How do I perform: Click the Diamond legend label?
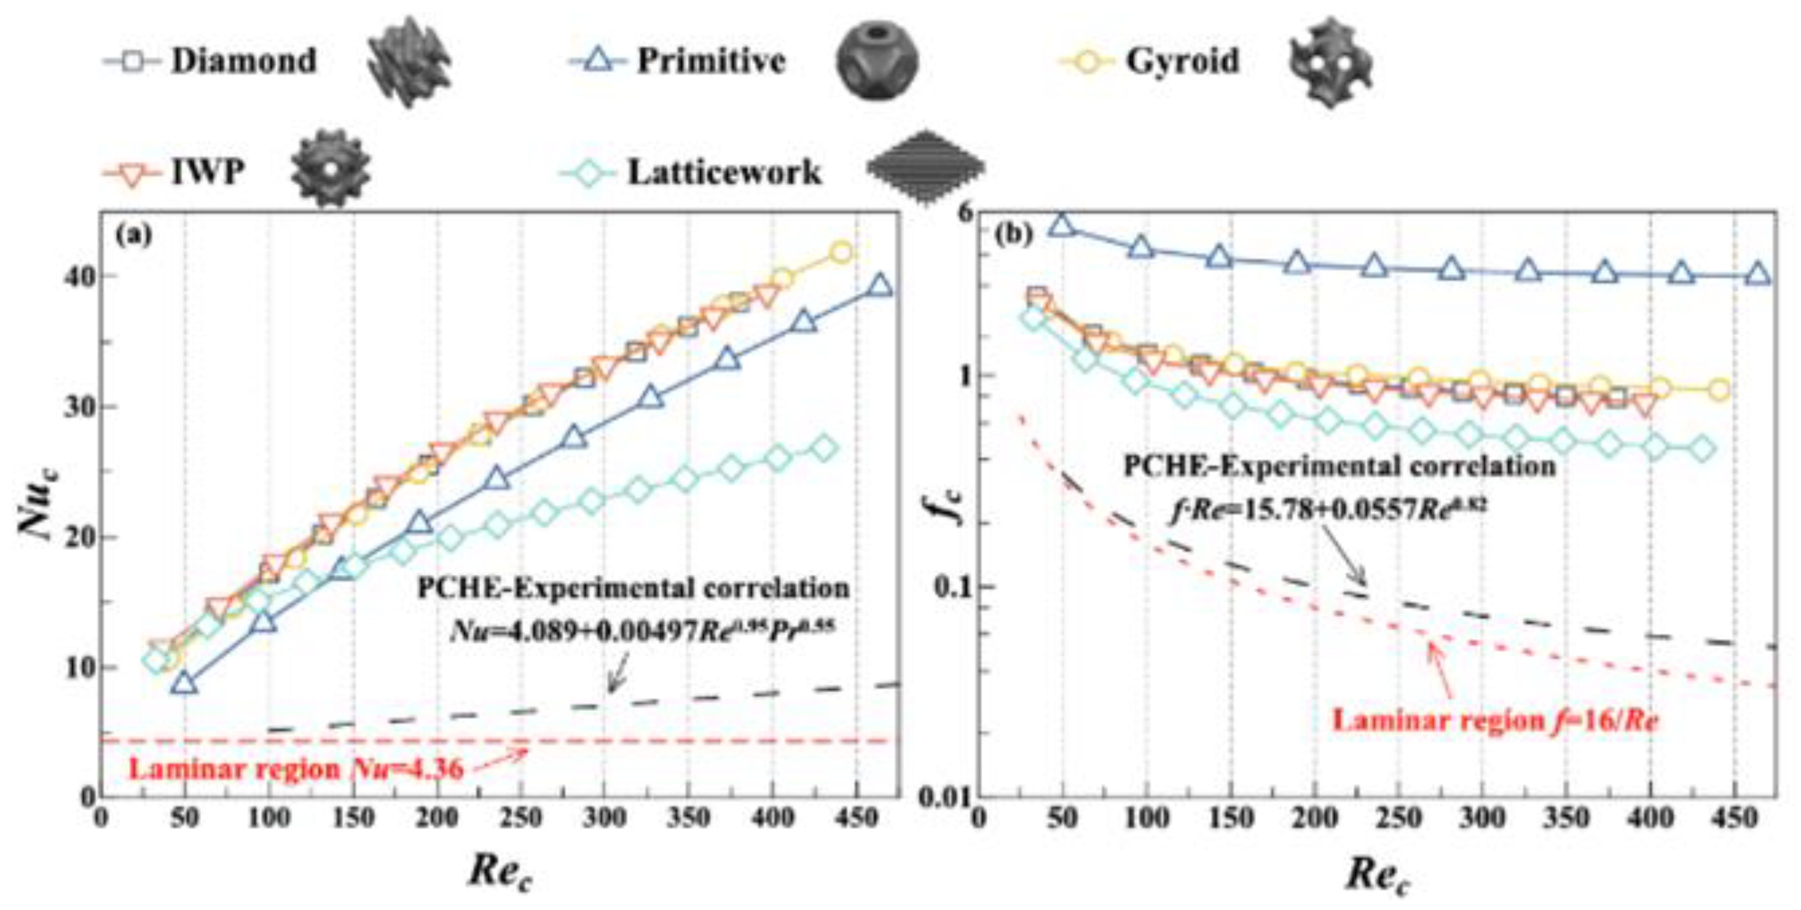(244, 61)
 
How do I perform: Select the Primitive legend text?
(711, 61)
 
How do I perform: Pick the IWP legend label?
(208, 171)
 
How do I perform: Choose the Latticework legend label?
(725, 172)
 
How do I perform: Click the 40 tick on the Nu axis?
(78, 277)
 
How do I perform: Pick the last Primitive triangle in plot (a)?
(880, 285)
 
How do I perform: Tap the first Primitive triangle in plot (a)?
(185, 683)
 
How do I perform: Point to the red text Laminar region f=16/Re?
(1495, 720)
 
